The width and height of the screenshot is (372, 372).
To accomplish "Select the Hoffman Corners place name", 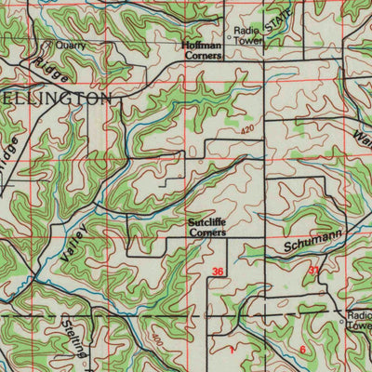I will point(201,50).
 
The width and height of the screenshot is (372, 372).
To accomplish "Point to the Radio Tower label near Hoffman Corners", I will point(248,34).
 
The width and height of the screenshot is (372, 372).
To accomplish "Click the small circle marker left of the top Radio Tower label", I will point(229,38).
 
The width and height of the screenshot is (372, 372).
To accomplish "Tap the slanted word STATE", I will point(276,24).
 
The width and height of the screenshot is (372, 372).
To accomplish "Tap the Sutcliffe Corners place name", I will point(204,228).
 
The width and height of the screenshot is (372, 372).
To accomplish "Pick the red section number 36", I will point(218,272).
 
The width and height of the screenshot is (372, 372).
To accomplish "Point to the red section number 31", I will point(313,270).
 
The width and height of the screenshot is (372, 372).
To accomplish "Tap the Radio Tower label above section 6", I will point(359,321).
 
